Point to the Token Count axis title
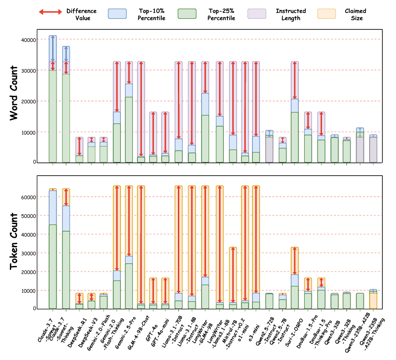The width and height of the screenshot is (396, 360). [x=14, y=242]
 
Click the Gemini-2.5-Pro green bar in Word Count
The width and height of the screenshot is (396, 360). [x=128, y=129]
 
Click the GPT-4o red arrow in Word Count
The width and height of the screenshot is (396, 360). [x=153, y=133]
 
